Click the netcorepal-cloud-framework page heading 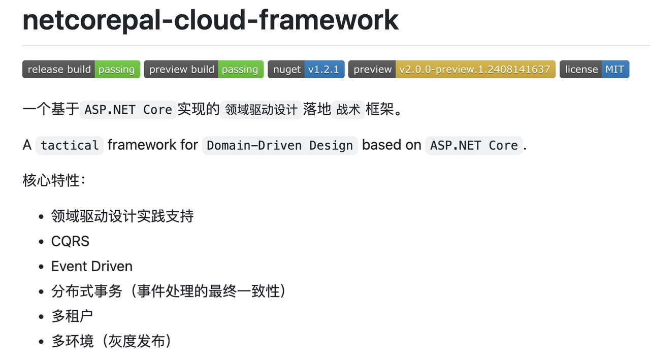click(x=210, y=20)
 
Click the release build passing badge click(x=81, y=70)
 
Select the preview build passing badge click(x=204, y=70)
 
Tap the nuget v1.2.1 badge click(x=306, y=70)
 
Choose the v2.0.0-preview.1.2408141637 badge click(x=451, y=70)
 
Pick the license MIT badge click(x=594, y=70)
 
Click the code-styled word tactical click(x=70, y=145)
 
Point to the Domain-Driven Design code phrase click(x=280, y=145)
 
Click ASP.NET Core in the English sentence click(x=474, y=145)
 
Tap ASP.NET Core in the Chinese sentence click(x=128, y=110)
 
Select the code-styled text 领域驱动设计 click(x=261, y=110)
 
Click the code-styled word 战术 click(x=348, y=110)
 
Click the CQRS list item click(x=70, y=241)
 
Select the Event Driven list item click(x=91, y=266)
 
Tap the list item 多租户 click(x=72, y=316)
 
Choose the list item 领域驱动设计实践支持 click(x=122, y=216)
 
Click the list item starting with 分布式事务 click(x=168, y=291)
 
